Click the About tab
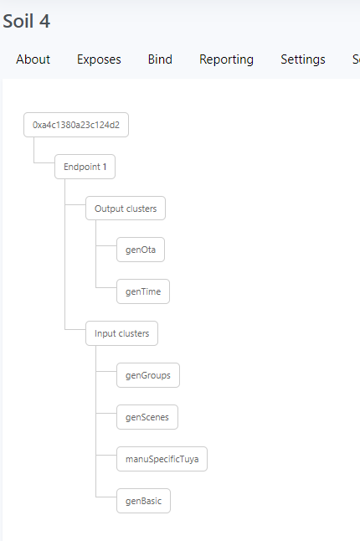(x=33, y=59)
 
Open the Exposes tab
(x=99, y=59)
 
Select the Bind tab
(x=160, y=59)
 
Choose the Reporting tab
(x=226, y=59)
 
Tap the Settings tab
(x=303, y=59)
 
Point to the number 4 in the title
(x=45, y=21)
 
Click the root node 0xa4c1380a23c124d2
(x=75, y=125)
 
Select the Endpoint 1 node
(x=85, y=167)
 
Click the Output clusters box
(x=125, y=209)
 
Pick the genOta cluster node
(x=141, y=250)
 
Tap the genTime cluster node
(x=143, y=291)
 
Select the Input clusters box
(x=121, y=333)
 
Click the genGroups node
(x=147, y=375)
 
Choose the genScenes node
(x=147, y=417)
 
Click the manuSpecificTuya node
(x=162, y=459)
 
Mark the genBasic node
(x=143, y=501)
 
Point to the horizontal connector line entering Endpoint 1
(x=44, y=162)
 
